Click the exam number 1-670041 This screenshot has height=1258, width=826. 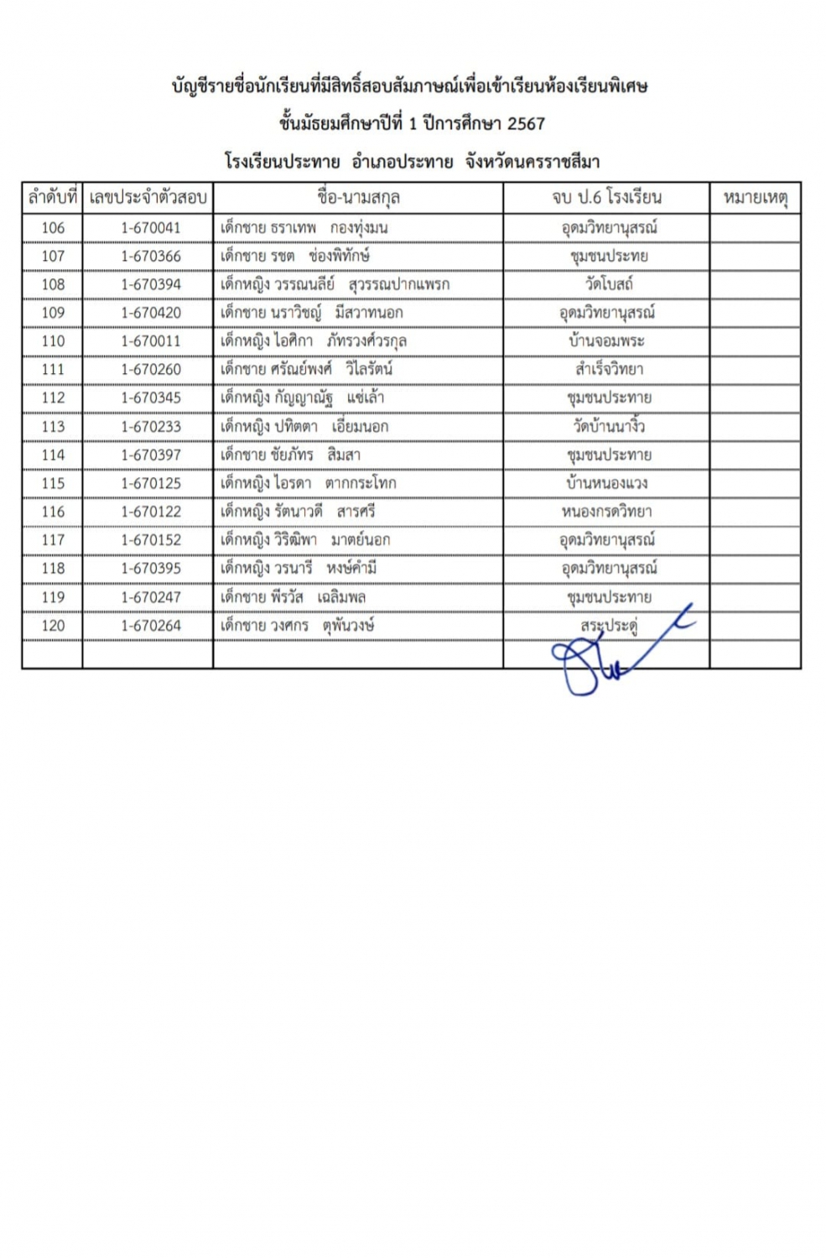pos(150,227)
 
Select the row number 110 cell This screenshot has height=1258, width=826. pos(53,341)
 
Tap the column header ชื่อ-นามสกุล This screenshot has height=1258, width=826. pos(358,198)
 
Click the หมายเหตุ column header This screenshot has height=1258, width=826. pos(755,198)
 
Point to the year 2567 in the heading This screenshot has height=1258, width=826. pos(526,123)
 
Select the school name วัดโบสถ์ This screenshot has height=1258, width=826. pos(608,284)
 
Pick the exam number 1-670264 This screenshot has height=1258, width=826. pos(150,626)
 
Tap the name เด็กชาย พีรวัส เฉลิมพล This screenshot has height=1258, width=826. pos(293,597)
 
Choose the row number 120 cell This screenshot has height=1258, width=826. pos(53,626)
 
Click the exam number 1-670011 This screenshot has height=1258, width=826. pos(150,341)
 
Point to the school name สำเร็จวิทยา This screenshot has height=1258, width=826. pos(608,369)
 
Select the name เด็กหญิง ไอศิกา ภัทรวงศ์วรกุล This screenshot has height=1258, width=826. pos(314,341)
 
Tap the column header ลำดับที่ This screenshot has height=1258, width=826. pos(53,198)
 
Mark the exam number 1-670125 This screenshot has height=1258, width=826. pos(150,483)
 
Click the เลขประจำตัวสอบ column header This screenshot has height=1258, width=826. pos(148,198)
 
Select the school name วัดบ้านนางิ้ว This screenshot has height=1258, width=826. pos(608,426)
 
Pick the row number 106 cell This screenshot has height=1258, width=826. pos(53,227)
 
